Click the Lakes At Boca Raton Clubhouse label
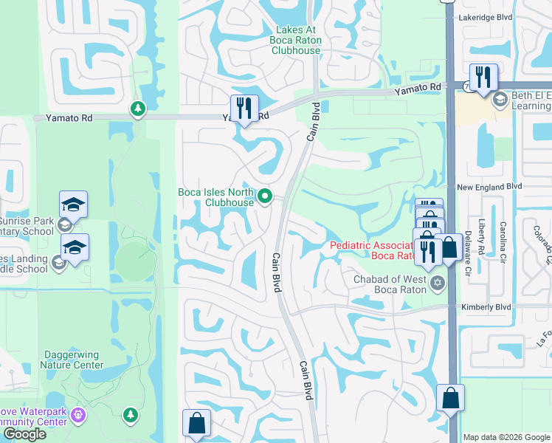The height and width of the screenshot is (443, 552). click(x=296, y=39)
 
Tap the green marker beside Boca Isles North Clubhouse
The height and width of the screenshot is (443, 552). click(x=266, y=196)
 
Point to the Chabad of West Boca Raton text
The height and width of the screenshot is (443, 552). click(x=390, y=284)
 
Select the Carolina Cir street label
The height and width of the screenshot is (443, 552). click(x=503, y=242)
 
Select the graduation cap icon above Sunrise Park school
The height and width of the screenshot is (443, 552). click(x=73, y=205)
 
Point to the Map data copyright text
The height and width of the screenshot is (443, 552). click(x=506, y=437)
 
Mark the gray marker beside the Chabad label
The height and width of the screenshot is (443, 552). click(x=438, y=282)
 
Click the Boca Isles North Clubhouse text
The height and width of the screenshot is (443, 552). click(x=216, y=197)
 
